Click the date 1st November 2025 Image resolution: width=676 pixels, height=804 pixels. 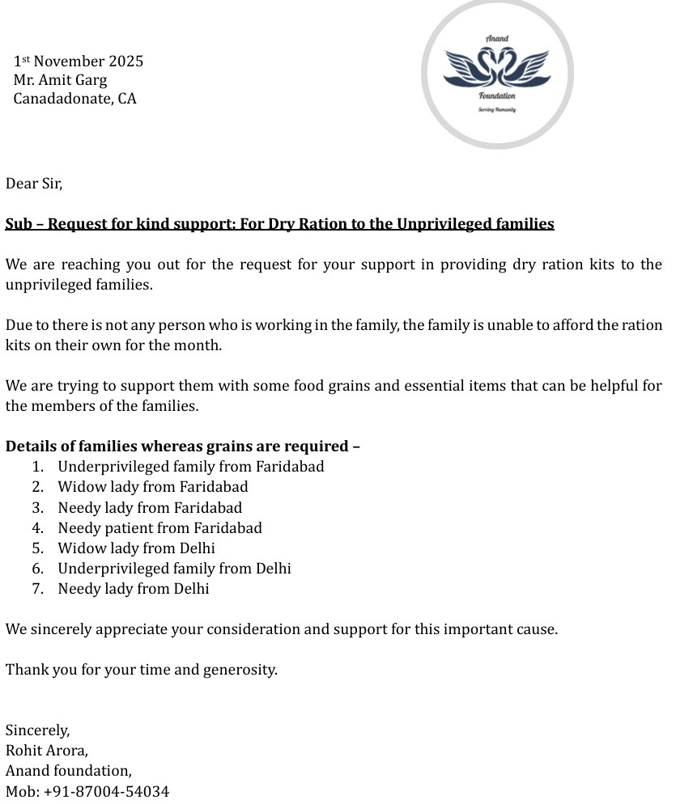point(79,61)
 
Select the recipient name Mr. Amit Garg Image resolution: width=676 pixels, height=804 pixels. point(60,80)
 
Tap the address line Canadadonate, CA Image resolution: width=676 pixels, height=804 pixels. point(74,99)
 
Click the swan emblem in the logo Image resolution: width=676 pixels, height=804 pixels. point(497,68)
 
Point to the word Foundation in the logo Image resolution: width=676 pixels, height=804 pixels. point(497,96)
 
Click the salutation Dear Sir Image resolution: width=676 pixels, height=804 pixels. point(34,184)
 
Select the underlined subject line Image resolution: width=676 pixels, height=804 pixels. point(279,224)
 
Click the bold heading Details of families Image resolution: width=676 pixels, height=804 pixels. point(182,446)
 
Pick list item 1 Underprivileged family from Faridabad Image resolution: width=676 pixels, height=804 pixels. point(190,467)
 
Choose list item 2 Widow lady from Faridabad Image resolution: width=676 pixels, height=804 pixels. point(153,487)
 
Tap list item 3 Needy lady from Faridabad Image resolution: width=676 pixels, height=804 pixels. point(150,508)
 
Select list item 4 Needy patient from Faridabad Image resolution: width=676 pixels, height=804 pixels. point(159,528)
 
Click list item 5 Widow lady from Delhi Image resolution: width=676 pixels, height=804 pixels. point(136,548)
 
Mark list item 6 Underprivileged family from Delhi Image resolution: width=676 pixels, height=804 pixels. point(174,569)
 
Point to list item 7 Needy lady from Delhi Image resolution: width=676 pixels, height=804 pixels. point(134,589)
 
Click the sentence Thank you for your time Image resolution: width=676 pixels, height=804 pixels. point(142,670)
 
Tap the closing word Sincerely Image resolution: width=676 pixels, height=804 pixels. point(37,730)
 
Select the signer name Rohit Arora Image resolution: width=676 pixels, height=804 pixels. point(47,751)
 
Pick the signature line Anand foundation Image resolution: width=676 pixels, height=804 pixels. point(69,771)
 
